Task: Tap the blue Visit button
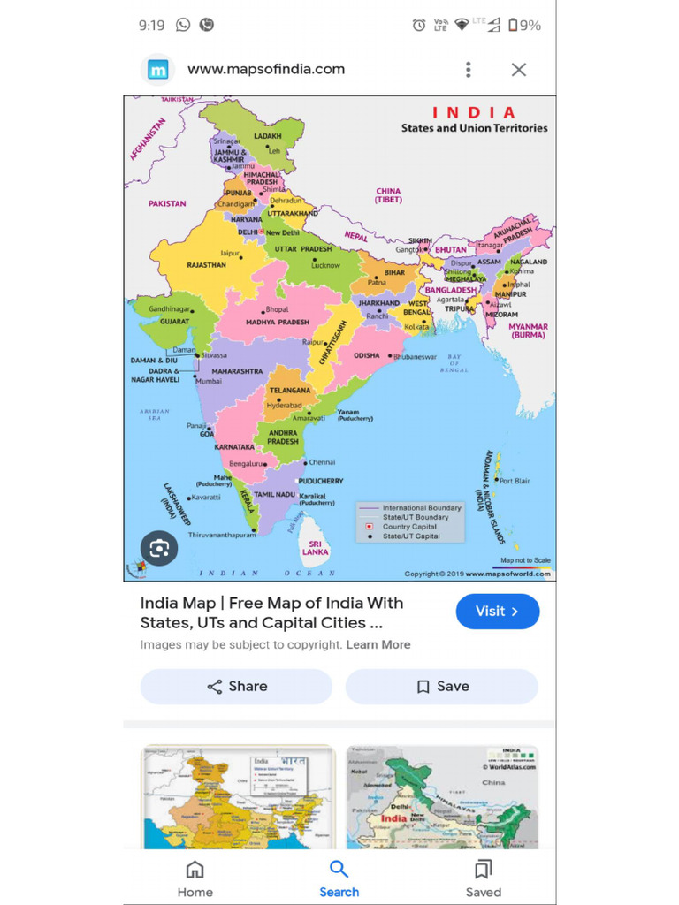coord(497,611)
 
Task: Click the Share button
coord(236,687)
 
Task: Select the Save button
coord(441,687)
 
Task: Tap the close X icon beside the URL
coord(519,70)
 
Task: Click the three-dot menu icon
coord(469,70)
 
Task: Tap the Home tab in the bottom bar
coord(195,878)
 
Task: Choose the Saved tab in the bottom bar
coord(483,878)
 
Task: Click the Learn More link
coord(378,645)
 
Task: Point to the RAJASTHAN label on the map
coord(206,265)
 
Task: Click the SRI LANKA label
coord(315,548)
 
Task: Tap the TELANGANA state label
coord(290,390)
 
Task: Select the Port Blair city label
coord(515,481)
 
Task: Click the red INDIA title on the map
coord(473,112)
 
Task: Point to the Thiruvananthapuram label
coord(221,535)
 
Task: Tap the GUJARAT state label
coord(174,322)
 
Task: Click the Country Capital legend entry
coord(409,527)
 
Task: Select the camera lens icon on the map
coord(159,549)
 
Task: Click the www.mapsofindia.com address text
coord(266,70)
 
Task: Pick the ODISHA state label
coord(367,355)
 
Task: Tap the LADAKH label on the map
coord(267,137)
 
